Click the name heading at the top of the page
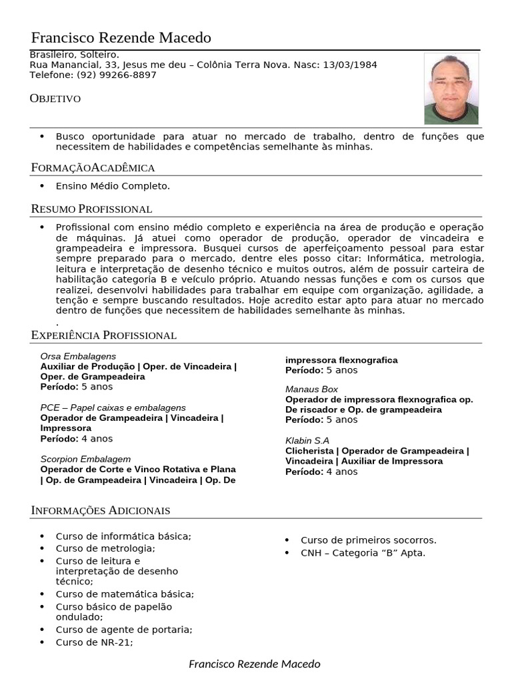[x=121, y=37]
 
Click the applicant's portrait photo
[x=451, y=89]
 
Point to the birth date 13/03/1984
[x=350, y=65]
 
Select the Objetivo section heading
[x=55, y=99]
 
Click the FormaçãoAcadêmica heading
[x=93, y=167]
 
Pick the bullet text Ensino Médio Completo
[x=113, y=186]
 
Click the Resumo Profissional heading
[x=91, y=209]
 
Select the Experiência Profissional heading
[x=103, y=335]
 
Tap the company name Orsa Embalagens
[x=78, y=357]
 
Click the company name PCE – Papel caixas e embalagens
[x=113, y=408]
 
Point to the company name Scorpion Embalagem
[x=85, y=460]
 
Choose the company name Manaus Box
[x=311, y=389]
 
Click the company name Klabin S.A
[x=307, y=441]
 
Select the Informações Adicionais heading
[x=100, y=510]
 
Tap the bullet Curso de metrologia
[x=105, y=548]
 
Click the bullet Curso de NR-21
[x=94, y=642]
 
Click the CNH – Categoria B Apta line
[x=363, y=553]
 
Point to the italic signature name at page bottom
[x=255, y=664]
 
